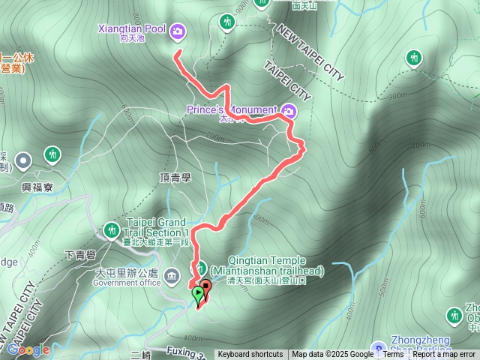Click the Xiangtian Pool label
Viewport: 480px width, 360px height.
pyautogui.click(x=132, y=29)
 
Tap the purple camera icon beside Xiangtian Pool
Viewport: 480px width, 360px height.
pyautogui.click(x=178, y=31)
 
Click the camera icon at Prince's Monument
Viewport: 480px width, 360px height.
pyautogui.click(x=289, y=112)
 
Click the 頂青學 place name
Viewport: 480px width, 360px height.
pyautogui.click(x=176, y=178)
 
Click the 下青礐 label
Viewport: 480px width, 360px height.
pyautogui.click(x=79, y=256)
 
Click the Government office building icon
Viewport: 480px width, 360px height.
pyautogui.click(x=174, y=276)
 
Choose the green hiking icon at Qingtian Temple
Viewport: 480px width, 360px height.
pyautogui.click(x=201, y=268)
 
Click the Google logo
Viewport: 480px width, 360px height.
pyautogui.click(x=28, y=349)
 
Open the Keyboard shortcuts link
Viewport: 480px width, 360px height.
pyautogui.click(x=250, y=355)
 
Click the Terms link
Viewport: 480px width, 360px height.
pyautogui.click(x=393, y=355)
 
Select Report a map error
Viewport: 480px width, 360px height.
pyautogui.click(x=444, y=355)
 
